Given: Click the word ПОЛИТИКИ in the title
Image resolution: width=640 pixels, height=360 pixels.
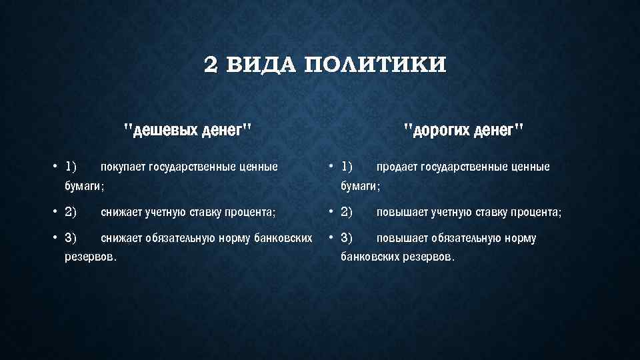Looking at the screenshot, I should pos(375,65).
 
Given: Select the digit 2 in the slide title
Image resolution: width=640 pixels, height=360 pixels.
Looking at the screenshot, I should pos(210,65).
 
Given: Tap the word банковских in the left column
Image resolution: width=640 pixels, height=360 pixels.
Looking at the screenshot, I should pos(283,238).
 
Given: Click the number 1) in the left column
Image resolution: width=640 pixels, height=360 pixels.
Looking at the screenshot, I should pos(71,166).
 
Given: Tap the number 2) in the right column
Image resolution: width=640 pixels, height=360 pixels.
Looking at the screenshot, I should pos(347,213).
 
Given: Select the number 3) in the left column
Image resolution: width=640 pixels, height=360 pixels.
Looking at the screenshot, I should pos(71,238).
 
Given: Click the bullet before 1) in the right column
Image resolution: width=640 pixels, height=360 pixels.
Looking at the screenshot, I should pos(330,166).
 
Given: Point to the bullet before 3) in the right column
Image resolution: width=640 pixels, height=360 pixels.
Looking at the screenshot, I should pos(330,238).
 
